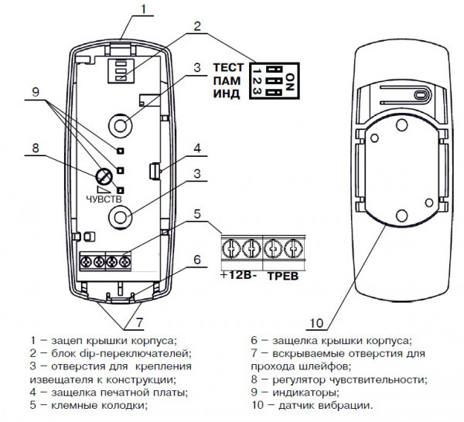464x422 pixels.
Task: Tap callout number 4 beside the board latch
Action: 198,148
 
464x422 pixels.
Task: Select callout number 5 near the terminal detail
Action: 198,213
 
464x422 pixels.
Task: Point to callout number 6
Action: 198,260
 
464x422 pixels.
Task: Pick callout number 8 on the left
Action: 34,146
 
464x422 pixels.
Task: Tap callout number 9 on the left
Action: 34,90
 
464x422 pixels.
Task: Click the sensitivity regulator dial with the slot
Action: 101,176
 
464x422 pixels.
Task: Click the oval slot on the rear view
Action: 421,96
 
